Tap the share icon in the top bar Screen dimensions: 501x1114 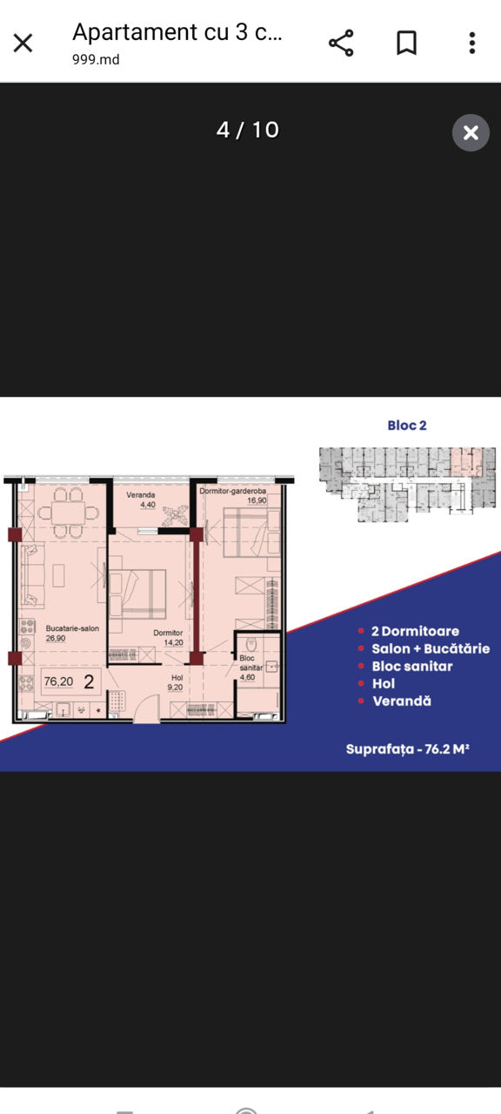[341, 43]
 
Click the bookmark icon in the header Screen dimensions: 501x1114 [406, 43]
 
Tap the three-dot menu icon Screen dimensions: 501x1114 [472, 43]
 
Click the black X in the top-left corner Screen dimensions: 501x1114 [23, 43]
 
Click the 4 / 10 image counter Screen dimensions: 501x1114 [248, 130]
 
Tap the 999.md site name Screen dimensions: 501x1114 [96, 60]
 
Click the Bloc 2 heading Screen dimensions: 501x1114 [407, 426]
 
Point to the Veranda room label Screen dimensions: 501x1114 [141, 495]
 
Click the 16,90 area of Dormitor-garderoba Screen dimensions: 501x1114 [257, 500]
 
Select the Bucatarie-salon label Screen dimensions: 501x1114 [72, 628]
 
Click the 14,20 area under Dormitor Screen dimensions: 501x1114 [173, 642]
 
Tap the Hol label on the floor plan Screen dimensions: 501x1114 [177, 677]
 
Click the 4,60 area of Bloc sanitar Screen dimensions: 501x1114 [247, 677]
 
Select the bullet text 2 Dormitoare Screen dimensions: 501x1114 [415, 631]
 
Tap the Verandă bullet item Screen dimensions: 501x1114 [402, 701]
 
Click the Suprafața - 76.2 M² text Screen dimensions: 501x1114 [408, 748]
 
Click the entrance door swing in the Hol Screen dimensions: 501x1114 [147, 708]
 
